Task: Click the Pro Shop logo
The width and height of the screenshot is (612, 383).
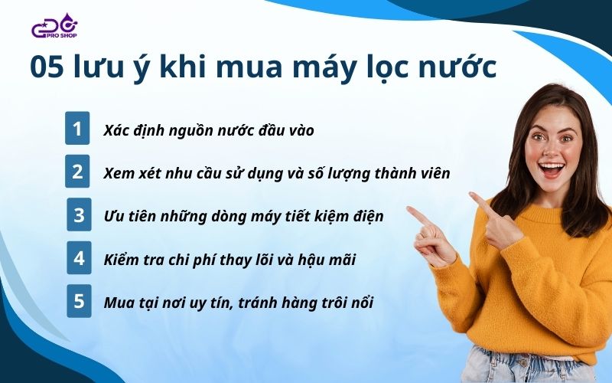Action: (54, 26)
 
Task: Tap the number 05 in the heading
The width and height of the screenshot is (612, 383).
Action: (47, 67)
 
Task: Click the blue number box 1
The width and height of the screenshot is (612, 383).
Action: (77, 128)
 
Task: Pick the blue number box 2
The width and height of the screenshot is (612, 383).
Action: (77, 171)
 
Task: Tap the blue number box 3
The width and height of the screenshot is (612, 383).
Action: (79, 214)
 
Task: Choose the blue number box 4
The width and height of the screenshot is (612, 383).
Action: (79, 258)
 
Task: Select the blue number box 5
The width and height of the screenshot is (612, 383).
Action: (79, 301)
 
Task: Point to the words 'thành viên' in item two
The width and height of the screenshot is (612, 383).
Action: (412, 173)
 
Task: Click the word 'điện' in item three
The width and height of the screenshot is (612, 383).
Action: (368, 217)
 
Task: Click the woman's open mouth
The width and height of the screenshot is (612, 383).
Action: (551, 169)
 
